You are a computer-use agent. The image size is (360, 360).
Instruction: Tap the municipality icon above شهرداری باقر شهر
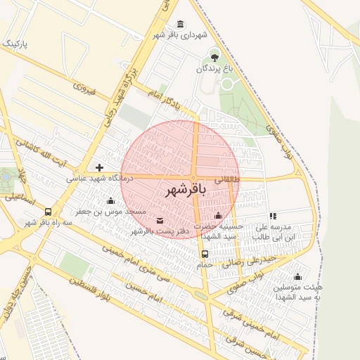pyautogui.click(x=181, y=23)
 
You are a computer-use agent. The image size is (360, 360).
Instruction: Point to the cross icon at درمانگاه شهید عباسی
pyautogui.click(x=99, y=167)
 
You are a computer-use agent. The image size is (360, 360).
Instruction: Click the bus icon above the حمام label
pyautogui.click(x=205, y=254)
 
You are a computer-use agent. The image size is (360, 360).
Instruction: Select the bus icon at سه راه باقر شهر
pyautogui.click(x=48, y=212)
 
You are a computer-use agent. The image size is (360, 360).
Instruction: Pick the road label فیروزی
pyautogui.click(x=84, y=88)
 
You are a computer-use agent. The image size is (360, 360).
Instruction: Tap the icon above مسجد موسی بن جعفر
pyautogui.click(x=110, y=201)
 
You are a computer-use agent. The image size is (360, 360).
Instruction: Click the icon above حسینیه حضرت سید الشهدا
pyautogui.click(x=218, y=216)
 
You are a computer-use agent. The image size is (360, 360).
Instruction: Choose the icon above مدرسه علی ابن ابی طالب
pyautogui.click(x=273, y=217)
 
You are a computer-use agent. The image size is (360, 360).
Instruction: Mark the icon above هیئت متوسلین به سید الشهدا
pyautogui.click(x=297, y=276)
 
